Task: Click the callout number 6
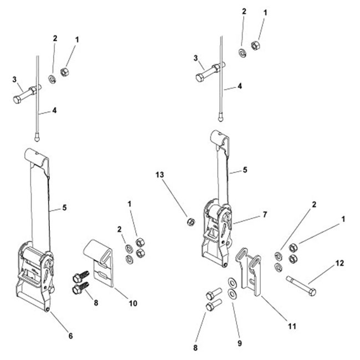(70, 335)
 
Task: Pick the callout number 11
(291, 326)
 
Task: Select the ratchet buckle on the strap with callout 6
(36, 266)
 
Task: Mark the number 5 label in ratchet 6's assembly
(65, 208)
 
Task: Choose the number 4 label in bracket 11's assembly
(240, 86)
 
